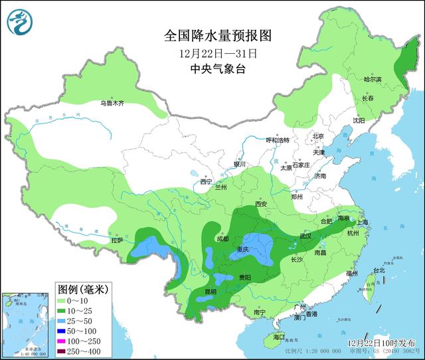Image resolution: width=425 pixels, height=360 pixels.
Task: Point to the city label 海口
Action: click(x=269, y=337)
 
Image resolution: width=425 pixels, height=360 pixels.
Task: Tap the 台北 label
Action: click(x=379, y=270)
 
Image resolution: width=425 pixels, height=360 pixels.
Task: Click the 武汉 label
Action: click(x=305, y=236)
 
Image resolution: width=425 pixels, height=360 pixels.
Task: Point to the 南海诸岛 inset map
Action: click(x=25, y=323)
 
